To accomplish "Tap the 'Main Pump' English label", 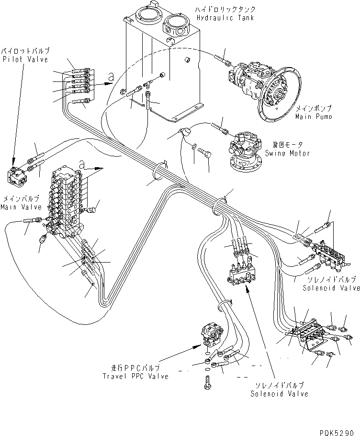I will click(314, 116).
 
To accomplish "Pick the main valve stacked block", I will click(67, 201).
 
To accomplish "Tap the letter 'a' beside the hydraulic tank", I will click(111, 75).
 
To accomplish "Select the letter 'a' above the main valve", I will click(82, 164).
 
